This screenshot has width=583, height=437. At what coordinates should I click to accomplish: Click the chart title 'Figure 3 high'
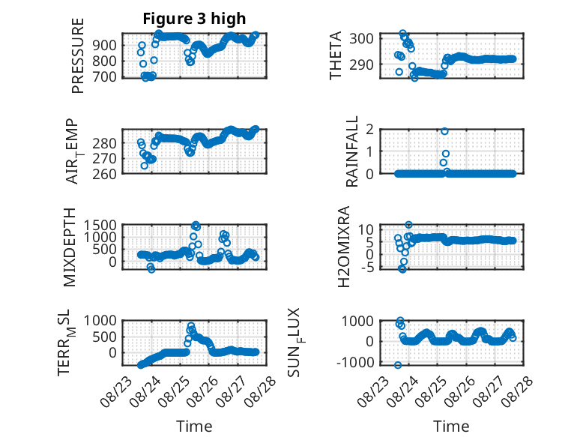click(x=194, y=19)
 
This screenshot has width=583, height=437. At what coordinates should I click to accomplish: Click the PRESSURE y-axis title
click(x=77, y=55)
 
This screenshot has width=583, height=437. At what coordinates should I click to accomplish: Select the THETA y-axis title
click(x=336, y=55)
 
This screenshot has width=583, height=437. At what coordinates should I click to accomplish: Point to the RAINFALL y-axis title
click(x=351, y=151)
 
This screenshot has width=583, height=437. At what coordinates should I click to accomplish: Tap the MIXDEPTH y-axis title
click(x=70, y=247)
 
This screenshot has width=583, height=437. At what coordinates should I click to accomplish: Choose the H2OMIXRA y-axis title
click(x=343, y=247)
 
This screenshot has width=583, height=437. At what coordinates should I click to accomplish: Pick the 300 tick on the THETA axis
click(x=361, y=38)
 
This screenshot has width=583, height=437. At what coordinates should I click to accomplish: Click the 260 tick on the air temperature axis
click(x=104, y=174)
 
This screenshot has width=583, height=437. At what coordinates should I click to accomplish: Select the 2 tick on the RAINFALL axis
click(x=369, y=130)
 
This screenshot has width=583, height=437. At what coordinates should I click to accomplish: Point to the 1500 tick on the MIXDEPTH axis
click(x=100, y=225)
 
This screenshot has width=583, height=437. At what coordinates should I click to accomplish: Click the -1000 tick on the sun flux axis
click(x=355, y=362)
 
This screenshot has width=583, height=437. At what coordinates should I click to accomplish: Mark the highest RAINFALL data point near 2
click(x=444, y=131)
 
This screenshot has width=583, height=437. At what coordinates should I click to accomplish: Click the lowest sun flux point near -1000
click(x=398, y=365)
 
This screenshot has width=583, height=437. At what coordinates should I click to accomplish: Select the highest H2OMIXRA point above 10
click(x=408, y=225)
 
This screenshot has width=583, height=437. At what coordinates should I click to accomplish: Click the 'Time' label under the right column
click(x=451, y=427)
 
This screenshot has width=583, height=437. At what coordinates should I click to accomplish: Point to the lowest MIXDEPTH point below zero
click(x=151, y=269)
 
